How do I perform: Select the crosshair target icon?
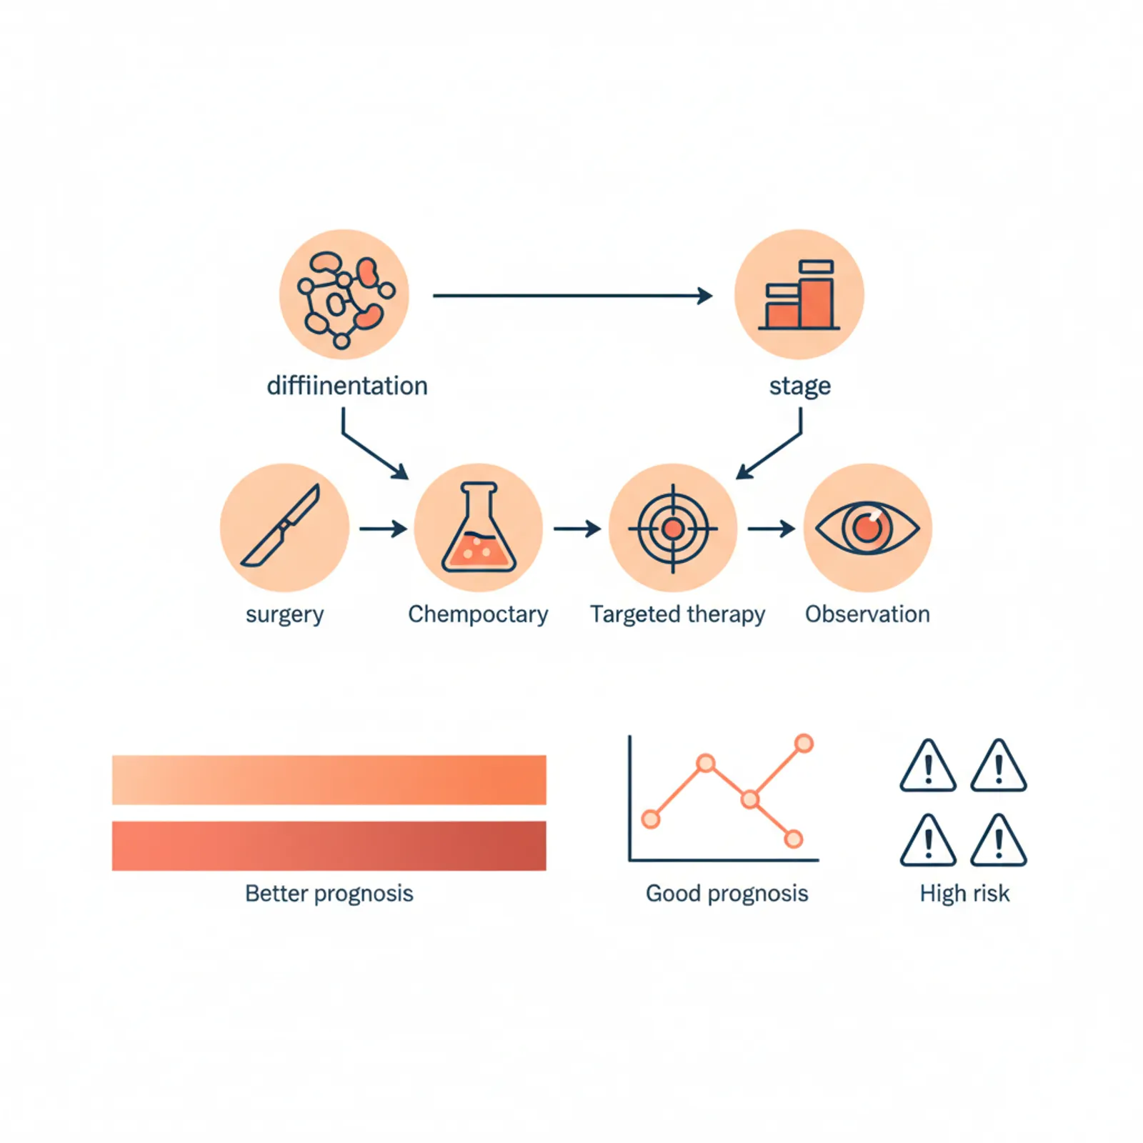point(673,529)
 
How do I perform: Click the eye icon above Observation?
point(867,528)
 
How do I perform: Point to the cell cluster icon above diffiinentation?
point(344,294)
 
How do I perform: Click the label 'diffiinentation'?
point(347,386)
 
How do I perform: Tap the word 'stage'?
point(799,386)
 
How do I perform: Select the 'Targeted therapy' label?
point(677,614)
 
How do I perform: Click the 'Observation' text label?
point(867,614)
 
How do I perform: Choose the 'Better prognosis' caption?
point(329,894)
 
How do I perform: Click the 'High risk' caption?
point(964,894)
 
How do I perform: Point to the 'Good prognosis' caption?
point(727,894)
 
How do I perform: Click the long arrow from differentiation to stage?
point(571,295)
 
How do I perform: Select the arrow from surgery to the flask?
point(382,529)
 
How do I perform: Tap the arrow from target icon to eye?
point(771,529)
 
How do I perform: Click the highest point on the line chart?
point(804,744)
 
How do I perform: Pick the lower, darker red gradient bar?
point(329,846)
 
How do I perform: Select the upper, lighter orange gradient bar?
point(329,780)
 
